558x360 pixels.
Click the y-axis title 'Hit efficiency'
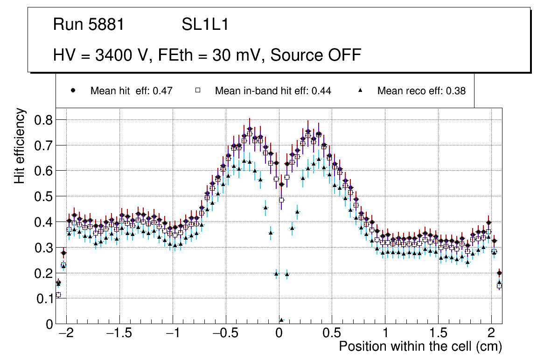[20, 145]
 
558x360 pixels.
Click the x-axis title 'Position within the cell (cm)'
[420, 346]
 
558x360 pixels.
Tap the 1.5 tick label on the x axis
[438, 334]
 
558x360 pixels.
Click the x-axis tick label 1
[385, 334]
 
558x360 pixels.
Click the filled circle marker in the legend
[73, 91]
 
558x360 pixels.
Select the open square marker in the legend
[197, 91]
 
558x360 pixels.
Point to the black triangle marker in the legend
[360, 91]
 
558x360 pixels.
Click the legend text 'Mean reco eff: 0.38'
[421, 91]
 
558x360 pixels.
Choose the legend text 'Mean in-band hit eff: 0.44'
[273, 91]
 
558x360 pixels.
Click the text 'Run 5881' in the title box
[89, 25]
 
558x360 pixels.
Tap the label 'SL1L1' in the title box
[205, 25]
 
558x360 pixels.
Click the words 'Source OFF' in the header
[316, 55]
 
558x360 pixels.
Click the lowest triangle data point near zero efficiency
[281, 320]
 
